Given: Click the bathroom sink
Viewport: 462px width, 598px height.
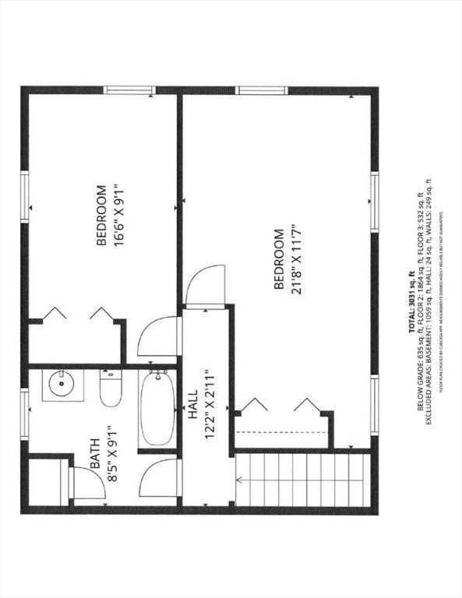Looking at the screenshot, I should (62, 384).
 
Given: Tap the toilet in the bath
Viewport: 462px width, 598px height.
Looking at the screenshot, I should (111, 387).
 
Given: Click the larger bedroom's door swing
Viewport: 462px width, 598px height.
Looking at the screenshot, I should (207, 287).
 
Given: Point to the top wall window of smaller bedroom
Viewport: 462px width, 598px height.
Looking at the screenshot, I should (130, 90).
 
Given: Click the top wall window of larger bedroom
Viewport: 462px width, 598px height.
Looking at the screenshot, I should (263, 90).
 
